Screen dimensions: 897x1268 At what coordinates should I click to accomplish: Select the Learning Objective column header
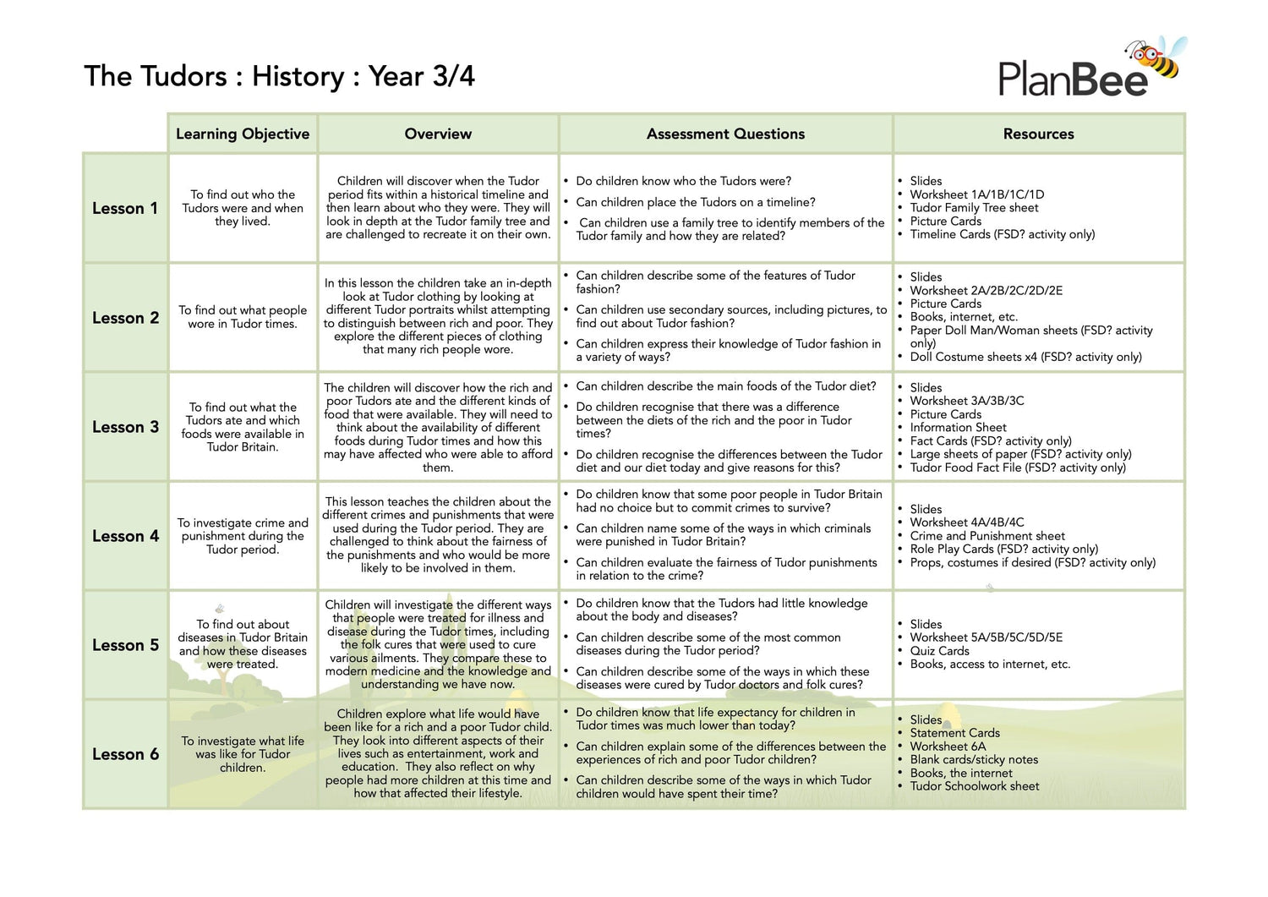[243, 134]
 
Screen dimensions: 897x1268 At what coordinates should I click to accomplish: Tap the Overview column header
[438, 134]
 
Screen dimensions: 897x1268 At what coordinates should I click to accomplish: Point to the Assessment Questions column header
[725, 134]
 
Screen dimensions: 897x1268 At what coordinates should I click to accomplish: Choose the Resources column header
[1038, 134]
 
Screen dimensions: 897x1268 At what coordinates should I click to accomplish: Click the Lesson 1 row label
[125, 208]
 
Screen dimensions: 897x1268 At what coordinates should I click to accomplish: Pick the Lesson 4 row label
[125, 536]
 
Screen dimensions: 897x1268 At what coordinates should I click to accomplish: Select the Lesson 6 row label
[125, 754]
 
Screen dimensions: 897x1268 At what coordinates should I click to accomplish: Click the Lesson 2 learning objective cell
[243, 317]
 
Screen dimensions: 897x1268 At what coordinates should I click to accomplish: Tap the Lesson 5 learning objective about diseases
[243, 644]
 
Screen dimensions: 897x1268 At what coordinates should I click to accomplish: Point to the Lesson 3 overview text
[438, 427]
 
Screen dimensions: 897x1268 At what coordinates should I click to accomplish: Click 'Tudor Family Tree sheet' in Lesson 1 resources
[974, 208]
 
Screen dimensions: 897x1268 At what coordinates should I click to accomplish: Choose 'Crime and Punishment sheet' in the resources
[987, 536]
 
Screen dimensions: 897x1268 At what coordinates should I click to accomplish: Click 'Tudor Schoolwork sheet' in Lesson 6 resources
[975, 786]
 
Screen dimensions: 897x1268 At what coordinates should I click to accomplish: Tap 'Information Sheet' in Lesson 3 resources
[958, 428]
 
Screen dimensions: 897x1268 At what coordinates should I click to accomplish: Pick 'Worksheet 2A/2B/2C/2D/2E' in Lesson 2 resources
[986, 291]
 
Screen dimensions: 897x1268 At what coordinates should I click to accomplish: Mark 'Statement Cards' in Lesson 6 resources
[954, 733]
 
